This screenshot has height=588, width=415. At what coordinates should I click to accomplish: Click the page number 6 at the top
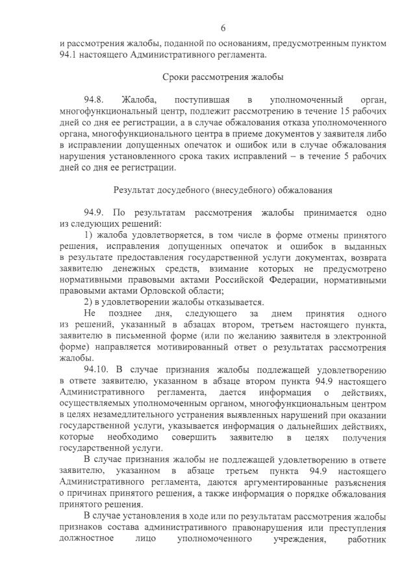223,28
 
